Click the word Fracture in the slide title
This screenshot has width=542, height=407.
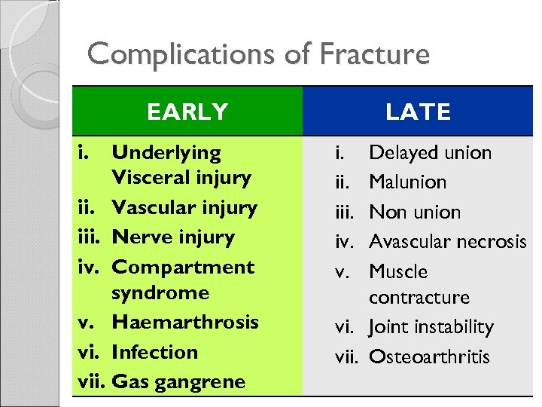click(374, 54)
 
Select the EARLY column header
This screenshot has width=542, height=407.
click(187, 112)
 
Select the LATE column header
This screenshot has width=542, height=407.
click(418, 112)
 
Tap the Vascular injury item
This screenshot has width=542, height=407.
click(184, 207)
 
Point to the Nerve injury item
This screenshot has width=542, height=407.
click(173, 237)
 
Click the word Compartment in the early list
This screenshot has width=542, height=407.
click(183, 267)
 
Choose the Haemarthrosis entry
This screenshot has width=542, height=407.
click(185, 322)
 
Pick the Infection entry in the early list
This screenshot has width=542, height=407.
click(154, 352)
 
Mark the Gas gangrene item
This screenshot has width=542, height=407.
click(178, 381)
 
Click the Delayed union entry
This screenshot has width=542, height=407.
click(430, 153)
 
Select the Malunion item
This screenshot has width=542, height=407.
click(407, 182)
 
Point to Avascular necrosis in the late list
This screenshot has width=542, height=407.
click(447, 242)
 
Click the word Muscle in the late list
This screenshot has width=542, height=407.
click(398, 271)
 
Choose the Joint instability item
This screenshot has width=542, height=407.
click(431, 327)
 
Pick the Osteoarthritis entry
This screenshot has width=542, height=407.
click(428, 357)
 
